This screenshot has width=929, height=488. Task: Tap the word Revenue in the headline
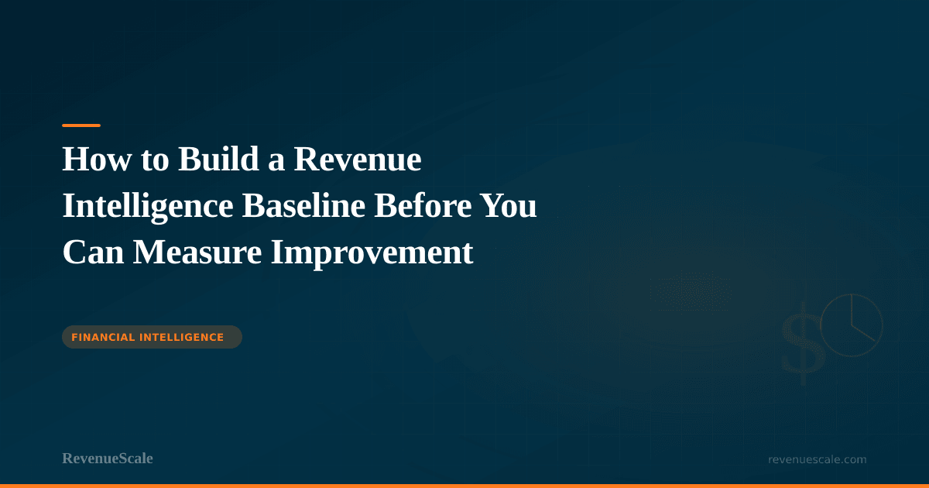[358, 160]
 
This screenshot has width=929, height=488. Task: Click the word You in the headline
[509, 207]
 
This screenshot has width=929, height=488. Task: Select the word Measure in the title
[197, 253]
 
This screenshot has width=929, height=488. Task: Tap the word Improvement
[372, 253]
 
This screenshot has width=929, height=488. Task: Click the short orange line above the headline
[81, 125]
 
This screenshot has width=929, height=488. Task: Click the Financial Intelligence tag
[152, 337]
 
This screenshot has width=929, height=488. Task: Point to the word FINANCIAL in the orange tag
[104, 337]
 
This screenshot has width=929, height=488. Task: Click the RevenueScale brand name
[108, 459]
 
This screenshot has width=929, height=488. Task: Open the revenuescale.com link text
[817, 459]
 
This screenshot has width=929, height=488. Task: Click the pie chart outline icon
[852, 324]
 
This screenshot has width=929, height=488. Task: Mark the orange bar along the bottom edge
[464, 486]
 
